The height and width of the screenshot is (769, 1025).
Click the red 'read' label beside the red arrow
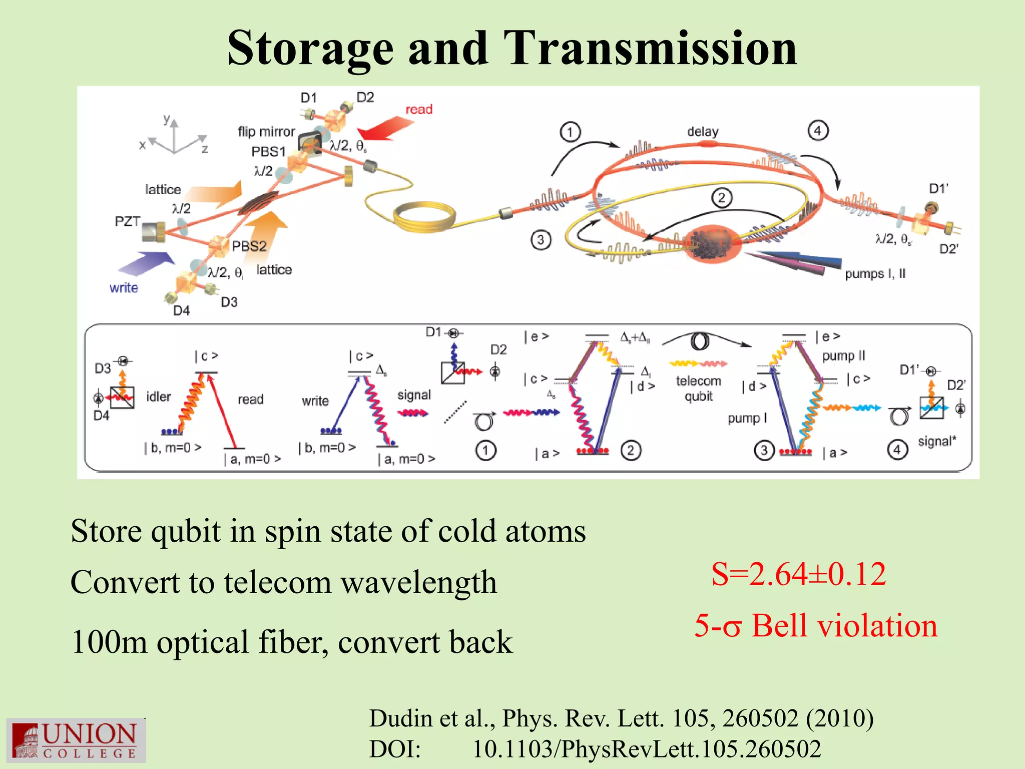418,110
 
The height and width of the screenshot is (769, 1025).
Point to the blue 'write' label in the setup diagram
124,288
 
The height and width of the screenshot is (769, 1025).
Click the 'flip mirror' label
266,132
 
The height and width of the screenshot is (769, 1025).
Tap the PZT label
127,221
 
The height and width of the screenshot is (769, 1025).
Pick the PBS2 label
249,246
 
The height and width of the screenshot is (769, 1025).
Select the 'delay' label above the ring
702,132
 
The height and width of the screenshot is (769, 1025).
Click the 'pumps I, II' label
875,274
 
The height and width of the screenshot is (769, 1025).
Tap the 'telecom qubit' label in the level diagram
698,389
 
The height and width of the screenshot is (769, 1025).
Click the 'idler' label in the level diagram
158,397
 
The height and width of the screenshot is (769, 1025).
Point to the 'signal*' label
936,441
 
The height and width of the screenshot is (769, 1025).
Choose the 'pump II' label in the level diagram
843,355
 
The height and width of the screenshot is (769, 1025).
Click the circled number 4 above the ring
818,131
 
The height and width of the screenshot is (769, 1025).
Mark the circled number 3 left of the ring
541,240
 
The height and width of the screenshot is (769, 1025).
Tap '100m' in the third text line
109,642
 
